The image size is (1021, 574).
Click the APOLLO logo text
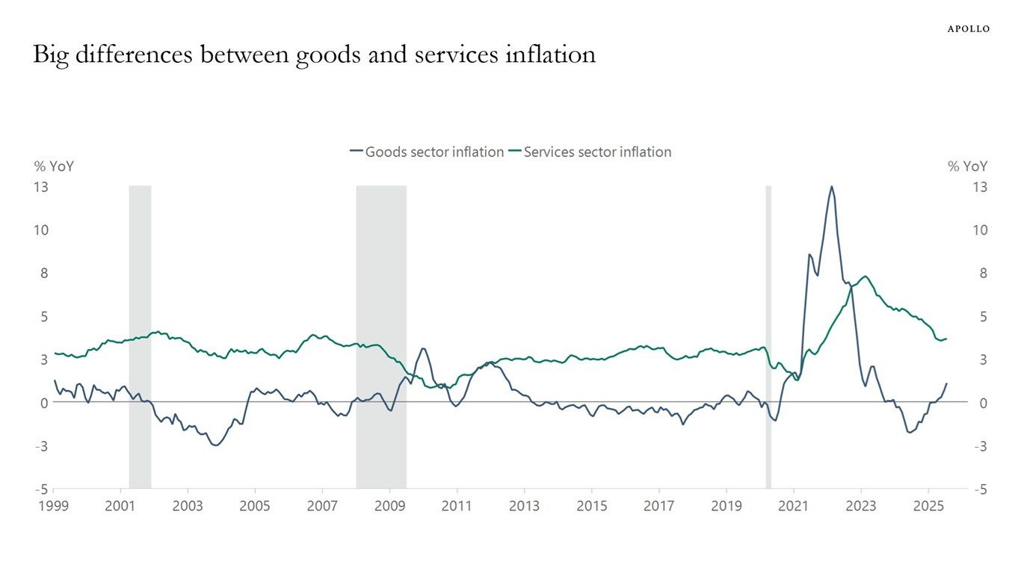pos(969,29)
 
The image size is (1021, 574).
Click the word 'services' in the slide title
pos(432,55)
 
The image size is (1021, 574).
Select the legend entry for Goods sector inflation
pos(427,152)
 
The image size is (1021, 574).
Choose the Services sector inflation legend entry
pos(590,152)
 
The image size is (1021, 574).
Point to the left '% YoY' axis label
pos(54,167)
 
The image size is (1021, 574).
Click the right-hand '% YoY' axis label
pos(967,167)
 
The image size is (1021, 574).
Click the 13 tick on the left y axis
pos(41,187)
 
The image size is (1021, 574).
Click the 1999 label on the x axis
pos(53,506)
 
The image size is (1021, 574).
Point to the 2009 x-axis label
pos(389,506)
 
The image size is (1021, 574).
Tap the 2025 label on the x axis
pos(928,506)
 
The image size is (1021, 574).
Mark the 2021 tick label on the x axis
pos(793,506)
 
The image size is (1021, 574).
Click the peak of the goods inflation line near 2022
pos(831,187)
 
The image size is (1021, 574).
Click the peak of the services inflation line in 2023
pos(866,277)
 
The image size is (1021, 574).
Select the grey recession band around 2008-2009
pos(381,336)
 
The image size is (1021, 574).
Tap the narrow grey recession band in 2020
pos(768,336)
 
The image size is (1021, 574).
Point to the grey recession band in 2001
pos(140,336)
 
